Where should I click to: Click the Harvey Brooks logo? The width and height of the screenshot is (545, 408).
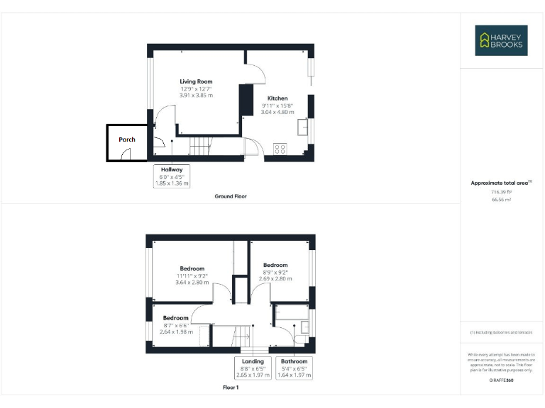point(501,40)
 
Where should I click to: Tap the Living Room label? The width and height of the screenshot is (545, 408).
point(196,81)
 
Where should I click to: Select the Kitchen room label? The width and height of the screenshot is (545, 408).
point(277,98)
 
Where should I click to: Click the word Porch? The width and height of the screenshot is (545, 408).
point(127,140)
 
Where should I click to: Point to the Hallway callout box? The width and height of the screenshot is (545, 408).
point(172,176)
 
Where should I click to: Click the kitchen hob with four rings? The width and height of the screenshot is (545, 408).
point(280,149)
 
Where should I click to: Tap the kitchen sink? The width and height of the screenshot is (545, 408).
point(304,127)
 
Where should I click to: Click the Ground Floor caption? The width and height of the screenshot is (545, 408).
point(231,196)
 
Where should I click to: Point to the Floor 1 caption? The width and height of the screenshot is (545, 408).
point(231,388)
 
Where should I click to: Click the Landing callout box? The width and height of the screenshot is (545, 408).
point(252,368)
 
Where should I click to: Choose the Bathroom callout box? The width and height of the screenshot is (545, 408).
point(293,368)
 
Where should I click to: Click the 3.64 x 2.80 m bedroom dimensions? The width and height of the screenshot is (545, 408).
point(192,282)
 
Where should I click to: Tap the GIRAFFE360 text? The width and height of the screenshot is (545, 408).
point(501,381)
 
